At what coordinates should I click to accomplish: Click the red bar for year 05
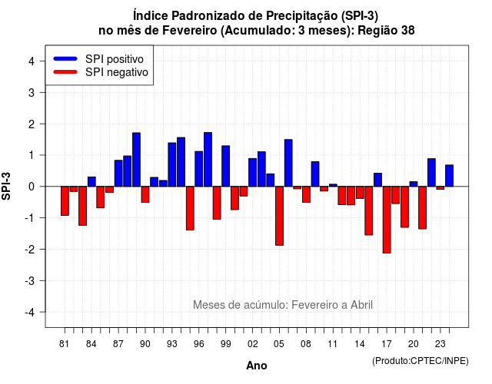click(279, 216)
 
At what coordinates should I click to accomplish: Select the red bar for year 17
click(387, 220)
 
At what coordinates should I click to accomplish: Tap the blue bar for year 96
click(198, 169)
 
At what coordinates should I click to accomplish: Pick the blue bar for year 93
click(172, 164)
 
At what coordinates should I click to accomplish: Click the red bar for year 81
click(65, 201)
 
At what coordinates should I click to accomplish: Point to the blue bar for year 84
click(91, 182)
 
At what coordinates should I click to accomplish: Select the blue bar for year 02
click(253, 172)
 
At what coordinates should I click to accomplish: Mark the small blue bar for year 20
click(414, 184)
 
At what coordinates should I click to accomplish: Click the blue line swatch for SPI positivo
click(65, 58)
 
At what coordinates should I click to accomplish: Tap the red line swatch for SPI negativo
click(65, 72)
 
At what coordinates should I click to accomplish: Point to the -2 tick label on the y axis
click(30, 249)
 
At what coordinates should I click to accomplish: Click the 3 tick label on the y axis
click(32, 92)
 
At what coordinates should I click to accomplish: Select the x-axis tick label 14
click(360, 344)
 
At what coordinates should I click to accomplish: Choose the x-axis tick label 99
click(225, 344)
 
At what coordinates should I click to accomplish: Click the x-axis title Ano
click(257, 366)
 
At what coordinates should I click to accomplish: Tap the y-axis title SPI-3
click(6, 186)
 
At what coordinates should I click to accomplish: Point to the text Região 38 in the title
click(386, 31)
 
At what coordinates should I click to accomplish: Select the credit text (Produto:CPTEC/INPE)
click(421, 361)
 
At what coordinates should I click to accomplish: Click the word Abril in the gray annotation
click(361, 305)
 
